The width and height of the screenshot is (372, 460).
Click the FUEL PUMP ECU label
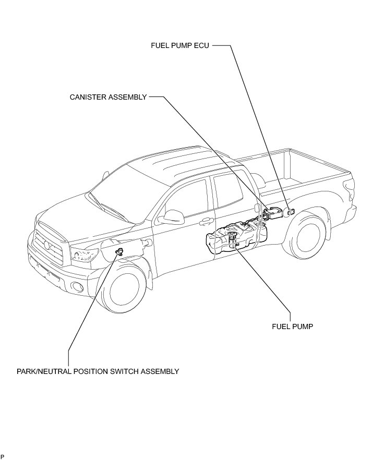(179, 45)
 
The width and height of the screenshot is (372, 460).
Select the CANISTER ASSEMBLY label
(108, 97)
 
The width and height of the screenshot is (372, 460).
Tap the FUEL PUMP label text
(292, 327)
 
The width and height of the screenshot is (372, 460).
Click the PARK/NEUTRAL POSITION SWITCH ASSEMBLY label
(98, 372)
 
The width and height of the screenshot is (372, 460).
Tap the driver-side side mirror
(170, 216)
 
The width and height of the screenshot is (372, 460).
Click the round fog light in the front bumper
(78, 286)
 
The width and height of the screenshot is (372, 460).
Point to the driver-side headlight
(86, 255)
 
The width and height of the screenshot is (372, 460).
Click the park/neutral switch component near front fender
(119, 252)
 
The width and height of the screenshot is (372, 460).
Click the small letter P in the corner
(3, 456)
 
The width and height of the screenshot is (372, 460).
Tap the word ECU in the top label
(202, 45)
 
